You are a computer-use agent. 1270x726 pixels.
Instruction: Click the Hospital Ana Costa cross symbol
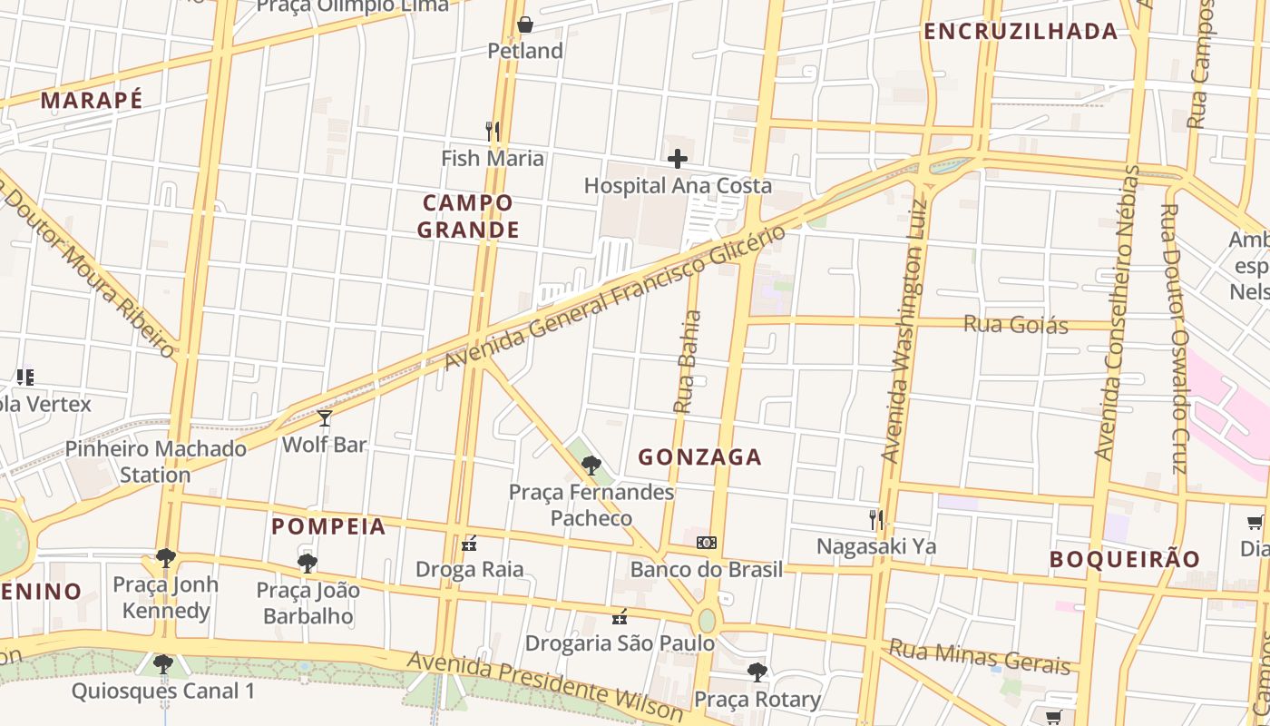click(x=677, y=160)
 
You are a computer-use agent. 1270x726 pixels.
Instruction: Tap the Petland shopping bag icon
click(x=524, y=25)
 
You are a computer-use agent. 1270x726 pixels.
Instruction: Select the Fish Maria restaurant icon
click(x=493, y=132)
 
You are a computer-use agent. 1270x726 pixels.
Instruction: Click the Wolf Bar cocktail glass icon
click(x=325, y=418)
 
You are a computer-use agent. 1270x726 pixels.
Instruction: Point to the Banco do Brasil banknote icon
click(x=706, y=543)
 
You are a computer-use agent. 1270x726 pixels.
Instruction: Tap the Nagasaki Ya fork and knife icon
click(x=875, y=520)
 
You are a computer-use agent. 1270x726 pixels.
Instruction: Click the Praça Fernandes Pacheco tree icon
click(x=591, y=466)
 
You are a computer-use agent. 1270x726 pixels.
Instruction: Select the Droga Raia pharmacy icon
click(x=469, y=544)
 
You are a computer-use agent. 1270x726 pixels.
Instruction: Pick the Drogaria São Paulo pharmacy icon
click(x=620, y=617)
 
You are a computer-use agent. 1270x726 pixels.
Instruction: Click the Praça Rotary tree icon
click(x=757, y=672)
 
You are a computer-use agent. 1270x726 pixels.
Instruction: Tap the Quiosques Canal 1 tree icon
click(x=163, y=665)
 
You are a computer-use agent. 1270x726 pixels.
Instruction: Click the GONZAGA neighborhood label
click(x=699, y=457)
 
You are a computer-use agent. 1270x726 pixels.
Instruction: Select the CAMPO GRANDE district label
click(x=468, y=216)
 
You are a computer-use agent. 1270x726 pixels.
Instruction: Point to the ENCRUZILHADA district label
click(x=1021, y=32)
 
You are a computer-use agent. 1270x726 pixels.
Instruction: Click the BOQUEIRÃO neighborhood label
click(x=1124, y=559)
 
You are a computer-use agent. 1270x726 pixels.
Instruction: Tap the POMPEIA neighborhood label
click(x=328, y=526)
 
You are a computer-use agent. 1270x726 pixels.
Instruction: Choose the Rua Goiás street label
click(x=1015, y=324)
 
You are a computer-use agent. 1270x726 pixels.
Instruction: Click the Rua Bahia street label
click(x=689, y=362)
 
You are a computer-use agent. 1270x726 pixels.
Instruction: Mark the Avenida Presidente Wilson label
click(x=544, y=686)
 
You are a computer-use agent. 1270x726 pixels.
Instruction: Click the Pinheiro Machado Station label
click(x=155, y=461)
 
